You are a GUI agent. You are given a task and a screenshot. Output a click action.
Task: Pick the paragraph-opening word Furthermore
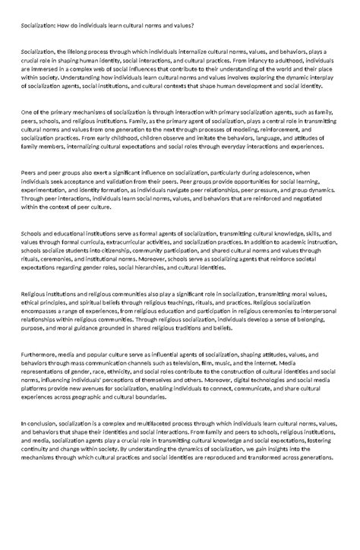(x=39, y=355)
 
